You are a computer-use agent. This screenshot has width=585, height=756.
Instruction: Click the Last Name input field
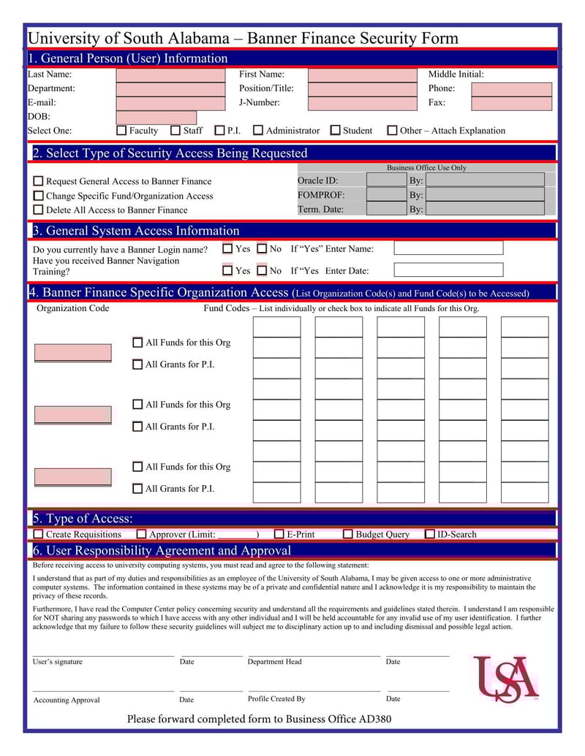pos(170,75)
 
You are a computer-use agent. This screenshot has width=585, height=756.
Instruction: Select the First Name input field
pos(362,75)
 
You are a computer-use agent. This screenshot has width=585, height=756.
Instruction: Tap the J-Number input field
pos(362,103)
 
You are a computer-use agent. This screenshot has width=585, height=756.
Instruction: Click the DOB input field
pos(156,118)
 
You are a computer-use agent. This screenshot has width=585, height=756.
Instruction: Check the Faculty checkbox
pos(122,131)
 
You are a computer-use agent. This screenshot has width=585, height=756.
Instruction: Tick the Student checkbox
pos(335,131)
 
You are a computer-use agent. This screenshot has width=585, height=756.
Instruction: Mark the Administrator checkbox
pos(258,131)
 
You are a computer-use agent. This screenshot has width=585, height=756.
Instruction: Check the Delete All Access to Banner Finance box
pos(38,210)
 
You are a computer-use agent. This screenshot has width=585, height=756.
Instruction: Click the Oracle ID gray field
pos(386,180)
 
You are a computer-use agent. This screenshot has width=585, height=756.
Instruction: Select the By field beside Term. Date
pos(485,209)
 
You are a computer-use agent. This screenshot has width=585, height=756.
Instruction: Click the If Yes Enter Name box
pos(448,248)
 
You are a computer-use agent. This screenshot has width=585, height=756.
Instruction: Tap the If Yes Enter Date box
pos(448,270)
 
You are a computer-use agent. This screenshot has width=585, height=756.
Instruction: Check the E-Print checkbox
pos(279,535)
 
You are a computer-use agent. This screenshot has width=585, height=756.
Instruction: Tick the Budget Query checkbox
pos(348,535)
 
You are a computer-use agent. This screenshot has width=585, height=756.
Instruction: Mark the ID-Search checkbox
pos(430,535)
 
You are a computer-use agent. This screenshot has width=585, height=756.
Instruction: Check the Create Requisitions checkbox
pos(38,535)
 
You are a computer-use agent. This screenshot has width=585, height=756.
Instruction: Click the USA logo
pos(506,679)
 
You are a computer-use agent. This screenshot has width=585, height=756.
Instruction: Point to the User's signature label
pos(58,662)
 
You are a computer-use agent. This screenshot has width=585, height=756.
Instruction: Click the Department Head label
pos(274,662)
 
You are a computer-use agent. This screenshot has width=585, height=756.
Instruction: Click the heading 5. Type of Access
pos(83,519)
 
